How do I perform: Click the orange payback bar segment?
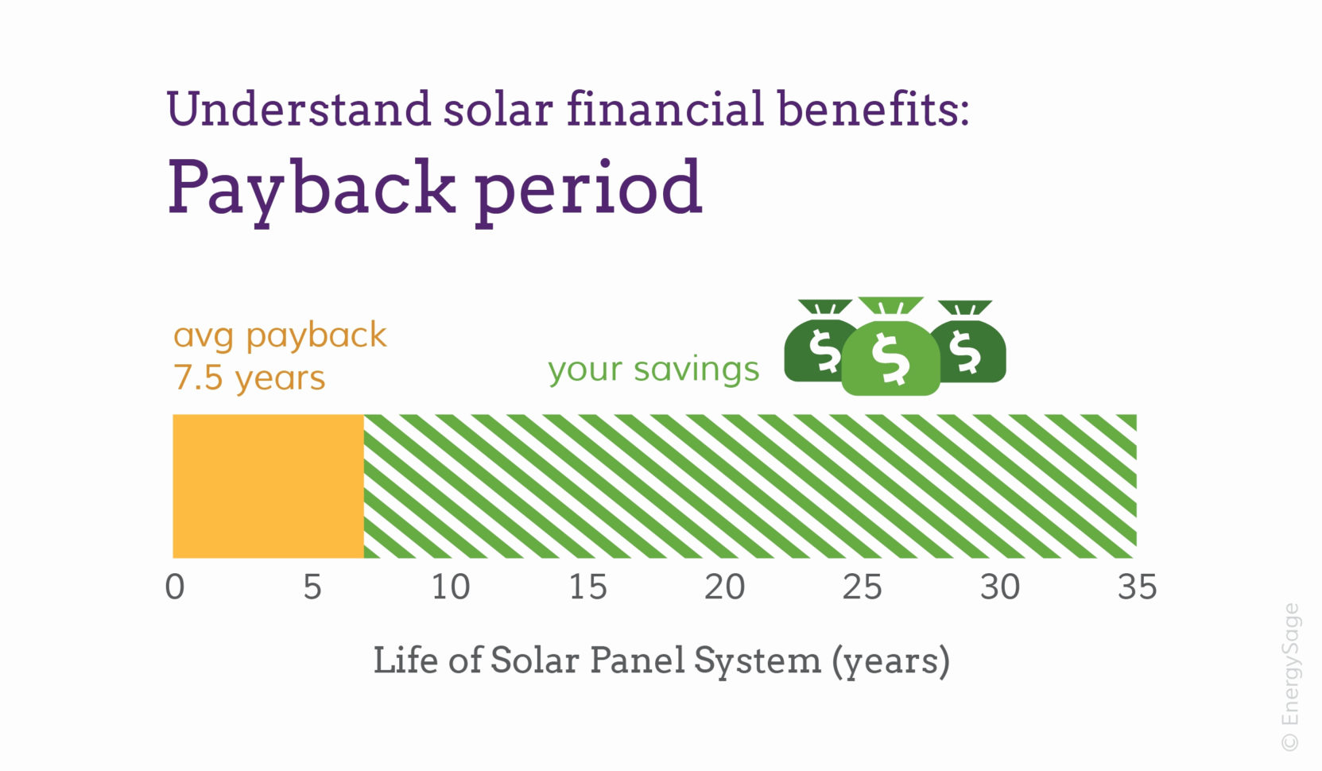pos(268,486)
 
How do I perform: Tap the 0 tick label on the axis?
pos(175,587)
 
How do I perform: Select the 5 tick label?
pos(312,587)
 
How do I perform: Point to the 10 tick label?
pos(451,587)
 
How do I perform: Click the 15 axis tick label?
pos(588,587)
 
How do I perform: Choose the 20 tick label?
pos(725,587)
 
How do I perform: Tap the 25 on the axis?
pos(863,587)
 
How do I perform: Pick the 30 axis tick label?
pos(1000,587)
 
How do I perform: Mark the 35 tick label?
pos(1138,587)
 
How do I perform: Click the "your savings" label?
pos(653,370)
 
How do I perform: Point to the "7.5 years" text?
pos(249,378)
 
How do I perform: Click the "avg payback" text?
pos(280,335)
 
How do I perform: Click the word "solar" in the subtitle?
pos(498,109)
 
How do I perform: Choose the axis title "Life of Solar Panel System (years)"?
pos(661,661)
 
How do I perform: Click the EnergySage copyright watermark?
pos(1290,677)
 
